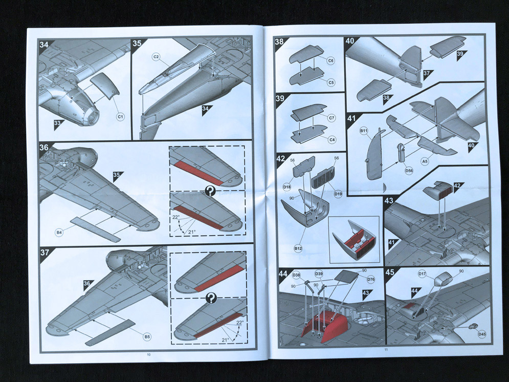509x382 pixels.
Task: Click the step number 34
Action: point(44,44)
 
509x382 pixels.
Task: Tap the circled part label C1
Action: point(120,116)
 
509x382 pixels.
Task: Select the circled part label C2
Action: point(156,57)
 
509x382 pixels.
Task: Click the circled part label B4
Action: point(59,232)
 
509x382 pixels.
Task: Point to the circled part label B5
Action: point(147,337)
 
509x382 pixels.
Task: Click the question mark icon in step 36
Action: point(210,190)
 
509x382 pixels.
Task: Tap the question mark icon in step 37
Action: point(211,298)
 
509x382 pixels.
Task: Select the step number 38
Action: point(279,41)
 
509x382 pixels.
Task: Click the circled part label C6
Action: point(331,60)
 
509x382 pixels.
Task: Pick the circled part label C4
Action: point(332,140)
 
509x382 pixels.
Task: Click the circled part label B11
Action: point(364,131)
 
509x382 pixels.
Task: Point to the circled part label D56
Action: point(409,171)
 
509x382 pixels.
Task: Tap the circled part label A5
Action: point(425,161)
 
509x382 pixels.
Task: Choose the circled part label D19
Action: point(338,194)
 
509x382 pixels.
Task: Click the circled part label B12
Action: point(298,248)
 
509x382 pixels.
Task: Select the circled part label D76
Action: point(371,279)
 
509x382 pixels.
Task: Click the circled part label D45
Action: point(482,334)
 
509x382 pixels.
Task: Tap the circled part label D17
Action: point(422,274)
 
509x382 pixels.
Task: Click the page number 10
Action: point(149,354)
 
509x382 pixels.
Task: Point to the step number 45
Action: point(390,272)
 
